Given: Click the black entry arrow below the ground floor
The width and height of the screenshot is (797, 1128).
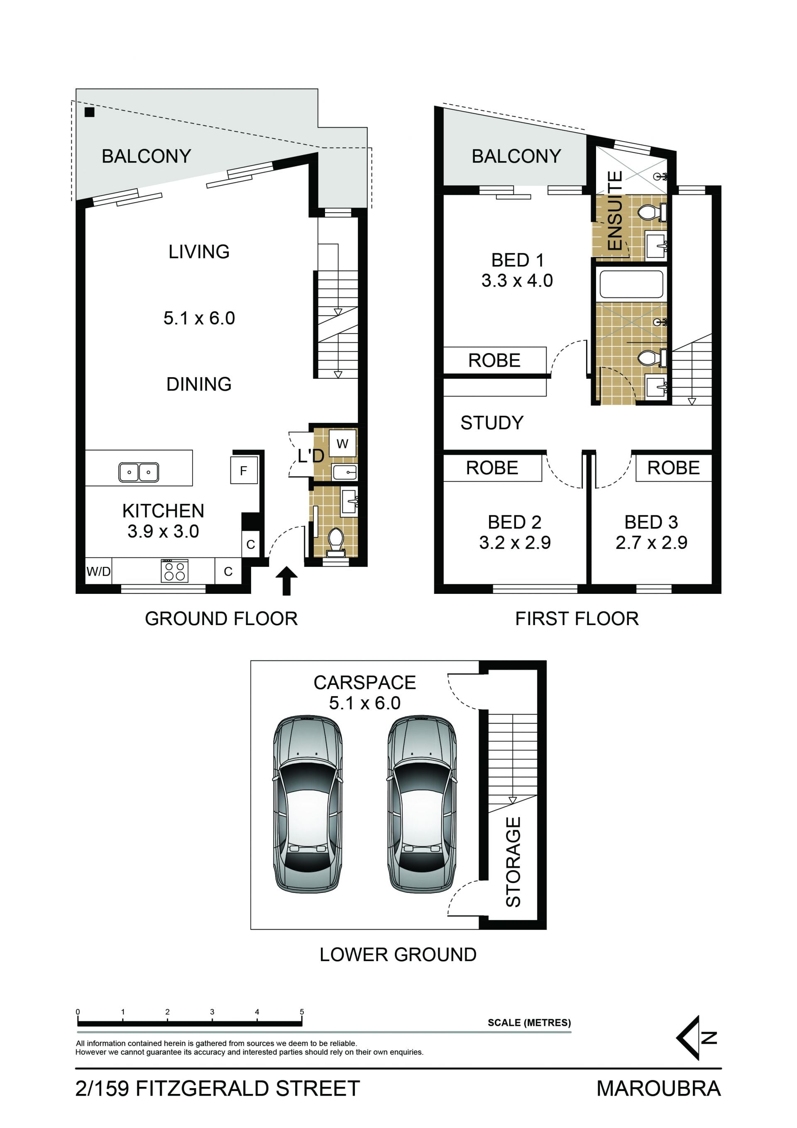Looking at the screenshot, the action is (x=286, y=581).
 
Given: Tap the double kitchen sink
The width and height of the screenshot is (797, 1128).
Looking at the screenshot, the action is (x=139, y=472).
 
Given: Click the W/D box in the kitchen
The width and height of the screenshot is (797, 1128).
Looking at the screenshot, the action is (x=99, y=571).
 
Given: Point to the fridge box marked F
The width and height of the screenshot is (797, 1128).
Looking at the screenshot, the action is (x=244, y=470).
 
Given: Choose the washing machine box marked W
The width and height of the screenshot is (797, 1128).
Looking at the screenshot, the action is (x=342, y=444).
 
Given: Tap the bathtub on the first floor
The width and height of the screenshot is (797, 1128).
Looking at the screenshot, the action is (x=631, y=284).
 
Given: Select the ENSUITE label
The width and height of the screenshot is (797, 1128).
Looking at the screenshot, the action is (x=615, y=211).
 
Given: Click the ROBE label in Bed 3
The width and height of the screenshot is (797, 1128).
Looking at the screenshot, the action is (x=673, y=468).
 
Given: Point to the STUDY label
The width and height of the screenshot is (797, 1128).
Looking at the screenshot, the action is (x=492, y=422).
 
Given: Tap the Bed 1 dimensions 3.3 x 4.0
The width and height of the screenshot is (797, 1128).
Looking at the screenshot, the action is (x=517, y=280).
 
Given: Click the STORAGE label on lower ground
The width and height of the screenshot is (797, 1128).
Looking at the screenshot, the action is (x=513, y=862).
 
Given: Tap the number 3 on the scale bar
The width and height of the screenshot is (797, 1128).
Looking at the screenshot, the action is (x=212, y=1012).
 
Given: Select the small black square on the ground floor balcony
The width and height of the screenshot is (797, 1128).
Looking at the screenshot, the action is (x=89, y=112).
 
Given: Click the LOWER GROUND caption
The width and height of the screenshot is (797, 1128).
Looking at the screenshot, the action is (x=398, y=954).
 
